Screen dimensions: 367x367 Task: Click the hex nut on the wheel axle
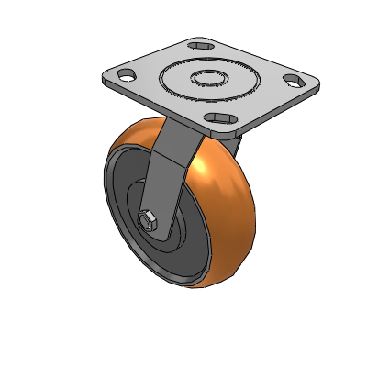[147, 220]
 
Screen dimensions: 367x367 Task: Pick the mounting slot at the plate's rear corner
[199, 44]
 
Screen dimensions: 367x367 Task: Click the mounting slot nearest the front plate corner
[219, 117]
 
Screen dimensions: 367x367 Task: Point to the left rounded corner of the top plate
[101, 77]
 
